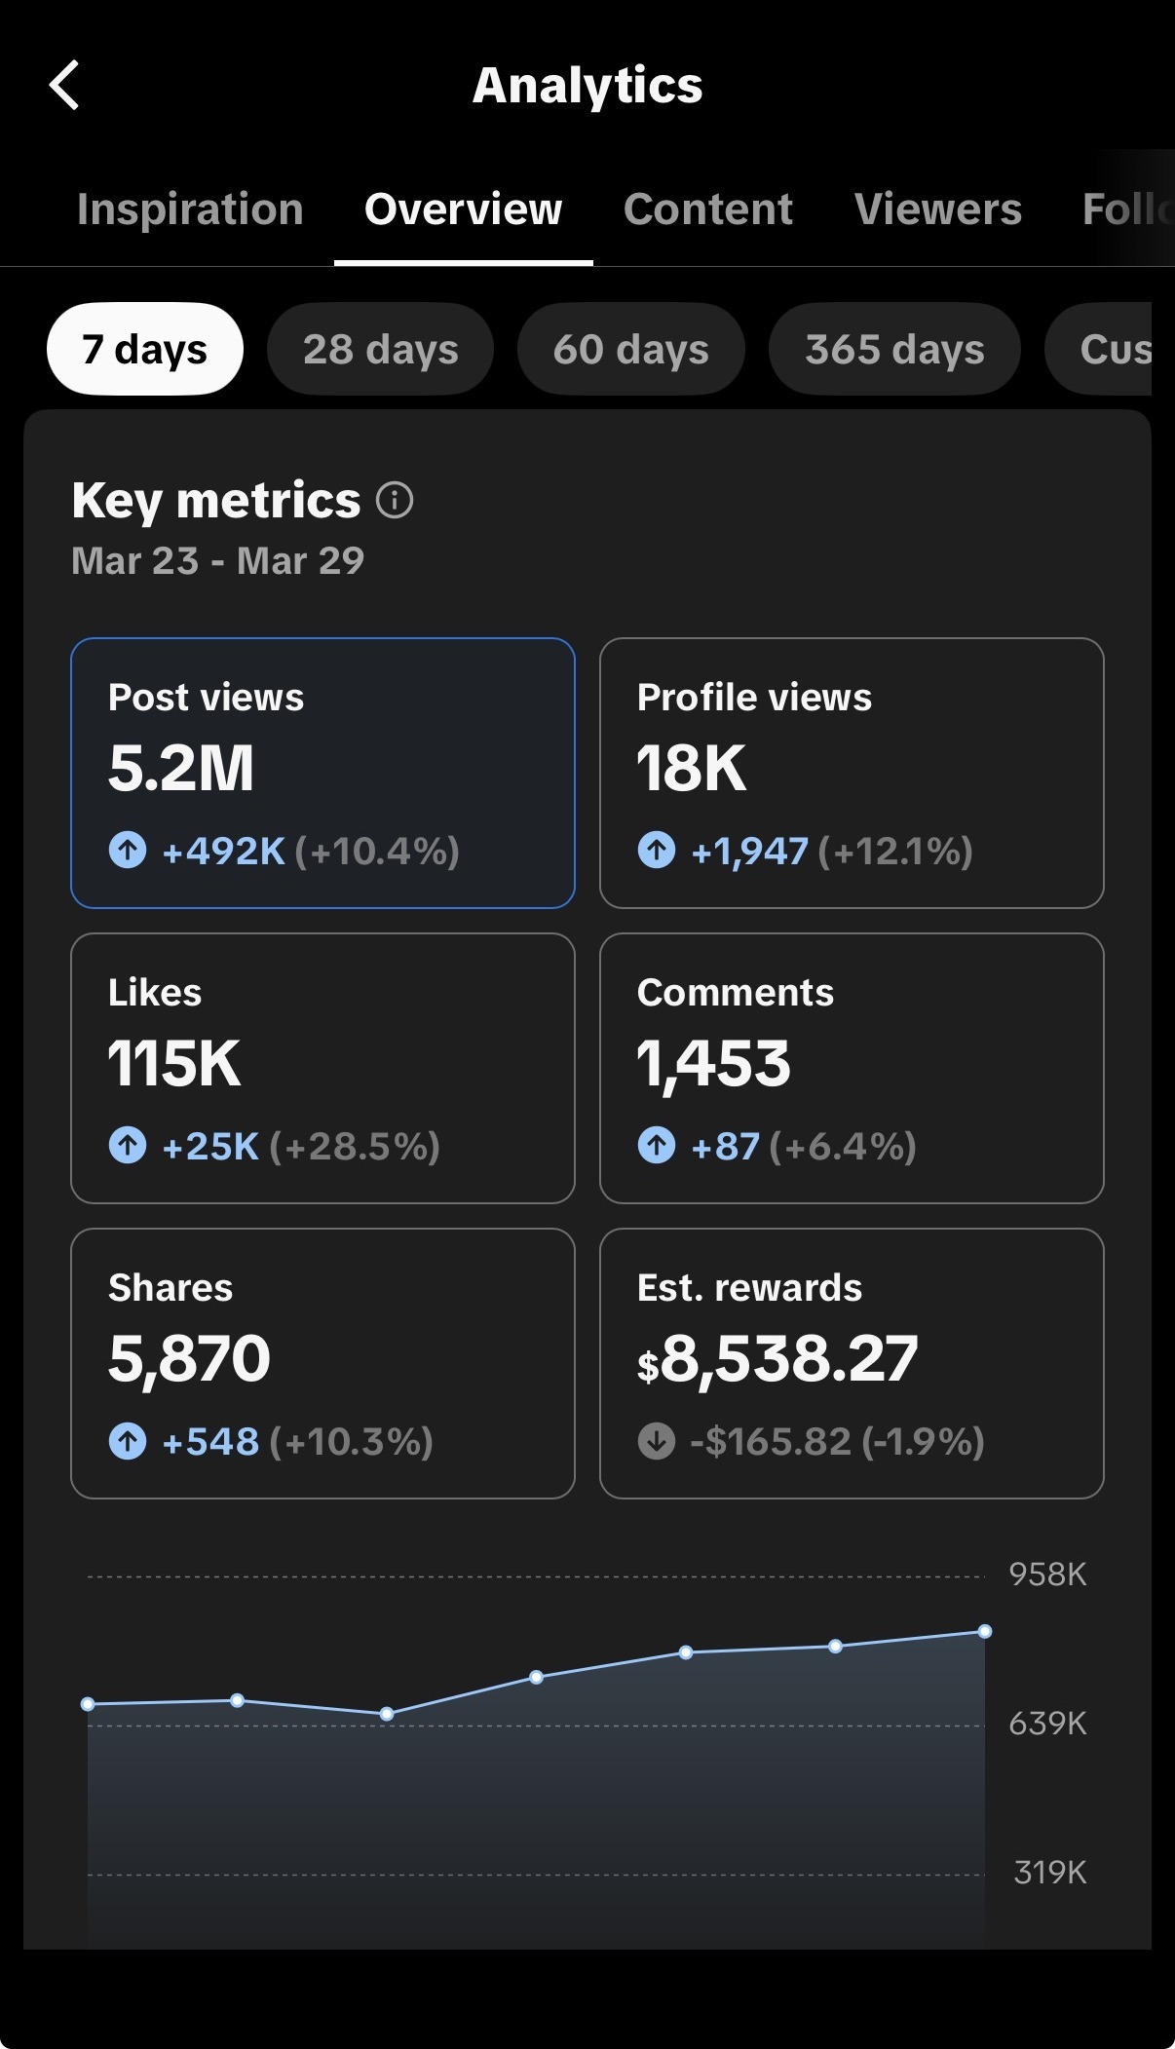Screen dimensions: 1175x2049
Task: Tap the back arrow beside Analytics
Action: coord(64,85)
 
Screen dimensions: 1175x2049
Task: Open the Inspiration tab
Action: coord(190,209)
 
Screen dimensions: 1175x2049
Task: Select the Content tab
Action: coord(708,209)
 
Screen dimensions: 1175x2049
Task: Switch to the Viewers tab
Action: coord(938,209)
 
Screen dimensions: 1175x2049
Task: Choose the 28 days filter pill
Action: coord(380,349)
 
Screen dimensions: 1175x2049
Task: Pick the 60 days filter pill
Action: coord(631,349)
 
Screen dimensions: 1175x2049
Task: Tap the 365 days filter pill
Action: coord(894,349)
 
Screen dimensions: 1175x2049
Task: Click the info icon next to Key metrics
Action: coord(395,501)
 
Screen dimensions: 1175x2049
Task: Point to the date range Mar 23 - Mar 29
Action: coord(218,561)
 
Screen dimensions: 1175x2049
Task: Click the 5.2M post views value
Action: coord(181,768)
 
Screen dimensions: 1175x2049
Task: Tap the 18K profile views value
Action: coord(692,768)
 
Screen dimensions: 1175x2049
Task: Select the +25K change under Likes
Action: coord(210,1147)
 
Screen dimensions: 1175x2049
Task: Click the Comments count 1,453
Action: coord(714,1064)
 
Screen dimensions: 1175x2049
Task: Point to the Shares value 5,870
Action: coord(189,1359)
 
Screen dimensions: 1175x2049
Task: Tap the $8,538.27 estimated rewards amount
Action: coord(777,1359)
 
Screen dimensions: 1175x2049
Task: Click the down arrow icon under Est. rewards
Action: coord(657,1441)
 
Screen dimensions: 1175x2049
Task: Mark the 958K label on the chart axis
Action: coord(1047,1575)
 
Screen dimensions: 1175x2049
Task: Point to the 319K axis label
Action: coord(1050,1873)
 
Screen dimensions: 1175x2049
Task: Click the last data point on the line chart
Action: coord(985,1631)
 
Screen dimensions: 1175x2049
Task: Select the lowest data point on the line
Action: coord(387,1714)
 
